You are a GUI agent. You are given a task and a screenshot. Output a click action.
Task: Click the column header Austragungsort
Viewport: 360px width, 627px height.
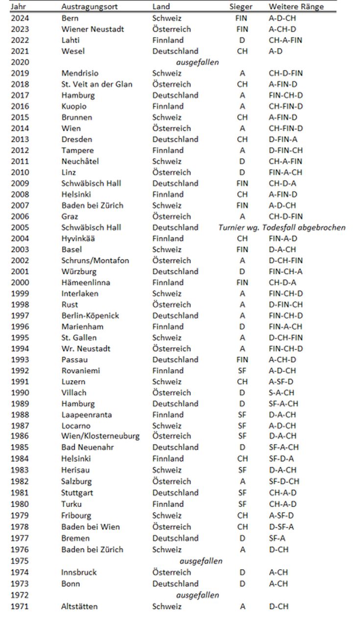point(86,7)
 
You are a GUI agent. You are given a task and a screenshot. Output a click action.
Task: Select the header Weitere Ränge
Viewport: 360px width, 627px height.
point(295,7)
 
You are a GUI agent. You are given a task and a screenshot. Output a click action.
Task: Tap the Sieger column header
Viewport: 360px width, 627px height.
point(241,7)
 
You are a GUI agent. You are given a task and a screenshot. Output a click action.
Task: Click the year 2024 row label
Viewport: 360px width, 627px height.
point(20,18)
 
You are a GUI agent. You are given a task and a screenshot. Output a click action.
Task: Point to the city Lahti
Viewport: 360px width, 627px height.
point(71,40)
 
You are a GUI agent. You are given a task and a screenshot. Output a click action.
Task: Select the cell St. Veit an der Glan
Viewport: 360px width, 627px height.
point(97,84)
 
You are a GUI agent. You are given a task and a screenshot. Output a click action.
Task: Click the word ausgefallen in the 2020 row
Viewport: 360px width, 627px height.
point(197,62)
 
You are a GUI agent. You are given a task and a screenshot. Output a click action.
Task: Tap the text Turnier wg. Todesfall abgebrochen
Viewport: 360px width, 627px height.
point(282,227)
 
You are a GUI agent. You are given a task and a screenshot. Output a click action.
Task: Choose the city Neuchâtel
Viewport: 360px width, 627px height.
point(79,161)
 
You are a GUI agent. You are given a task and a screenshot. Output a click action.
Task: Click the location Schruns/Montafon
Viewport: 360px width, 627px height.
point(96,261)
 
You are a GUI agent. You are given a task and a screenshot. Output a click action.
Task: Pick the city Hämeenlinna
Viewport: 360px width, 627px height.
point(86,283)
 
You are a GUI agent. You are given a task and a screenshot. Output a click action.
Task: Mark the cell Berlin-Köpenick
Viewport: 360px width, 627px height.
point(90,315)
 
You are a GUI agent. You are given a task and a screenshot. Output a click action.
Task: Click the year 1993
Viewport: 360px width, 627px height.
point(20,360)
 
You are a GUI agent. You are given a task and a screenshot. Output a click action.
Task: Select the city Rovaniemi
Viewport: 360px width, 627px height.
point(81,371)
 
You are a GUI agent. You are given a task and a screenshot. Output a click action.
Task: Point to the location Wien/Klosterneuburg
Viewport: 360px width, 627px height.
point(100,436)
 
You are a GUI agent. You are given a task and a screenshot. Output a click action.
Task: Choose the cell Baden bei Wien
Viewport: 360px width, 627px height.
point(91,527)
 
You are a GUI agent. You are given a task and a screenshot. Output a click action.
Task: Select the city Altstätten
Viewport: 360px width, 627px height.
point(79,606)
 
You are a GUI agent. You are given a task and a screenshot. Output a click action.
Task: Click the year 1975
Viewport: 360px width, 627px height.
point(20,561)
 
